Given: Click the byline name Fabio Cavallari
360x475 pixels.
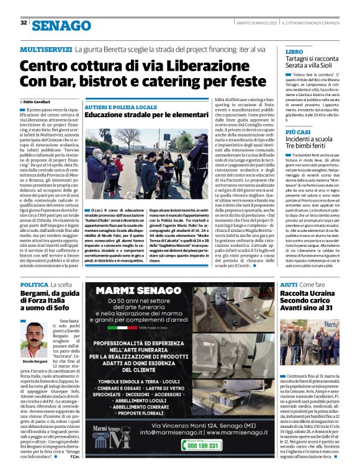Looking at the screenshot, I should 37,101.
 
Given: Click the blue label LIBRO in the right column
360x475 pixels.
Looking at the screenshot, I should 294,51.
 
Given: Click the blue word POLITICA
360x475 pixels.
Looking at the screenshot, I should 34,284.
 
